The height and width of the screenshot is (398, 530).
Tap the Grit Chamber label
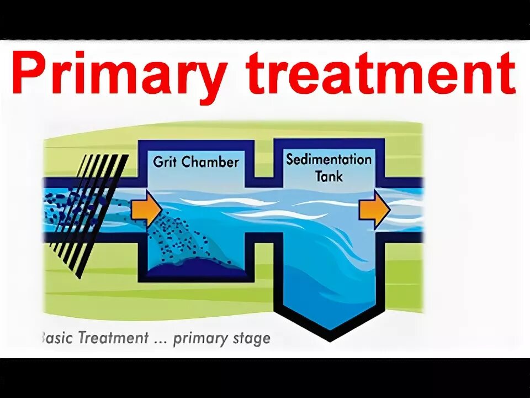tap(195, 162)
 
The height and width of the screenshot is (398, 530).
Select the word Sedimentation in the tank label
tap(328, 160)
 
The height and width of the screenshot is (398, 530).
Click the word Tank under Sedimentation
tap(329, 176)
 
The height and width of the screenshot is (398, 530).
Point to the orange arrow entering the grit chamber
tap(147, 210)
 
